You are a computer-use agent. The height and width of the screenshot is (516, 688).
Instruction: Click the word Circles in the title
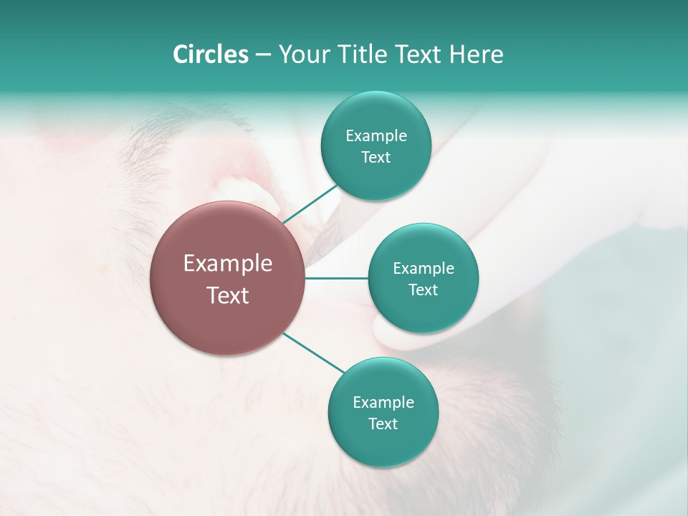210,54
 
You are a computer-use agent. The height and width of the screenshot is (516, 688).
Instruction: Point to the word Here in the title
477,54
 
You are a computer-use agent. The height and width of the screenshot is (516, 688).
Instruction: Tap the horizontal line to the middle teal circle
337,278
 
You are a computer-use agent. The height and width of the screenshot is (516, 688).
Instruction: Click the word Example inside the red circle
228,264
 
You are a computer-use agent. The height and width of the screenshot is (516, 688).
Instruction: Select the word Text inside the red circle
228,295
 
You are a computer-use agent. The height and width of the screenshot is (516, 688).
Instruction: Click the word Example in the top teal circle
376,135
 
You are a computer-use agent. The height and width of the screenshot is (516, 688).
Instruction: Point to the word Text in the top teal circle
376,157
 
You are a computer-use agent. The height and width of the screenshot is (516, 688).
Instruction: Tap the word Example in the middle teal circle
424,268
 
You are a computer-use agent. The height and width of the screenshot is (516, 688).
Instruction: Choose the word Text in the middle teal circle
424,290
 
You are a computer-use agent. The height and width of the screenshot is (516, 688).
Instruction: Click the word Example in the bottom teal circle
383,402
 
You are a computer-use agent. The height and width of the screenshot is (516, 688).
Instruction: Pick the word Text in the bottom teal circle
383,424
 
